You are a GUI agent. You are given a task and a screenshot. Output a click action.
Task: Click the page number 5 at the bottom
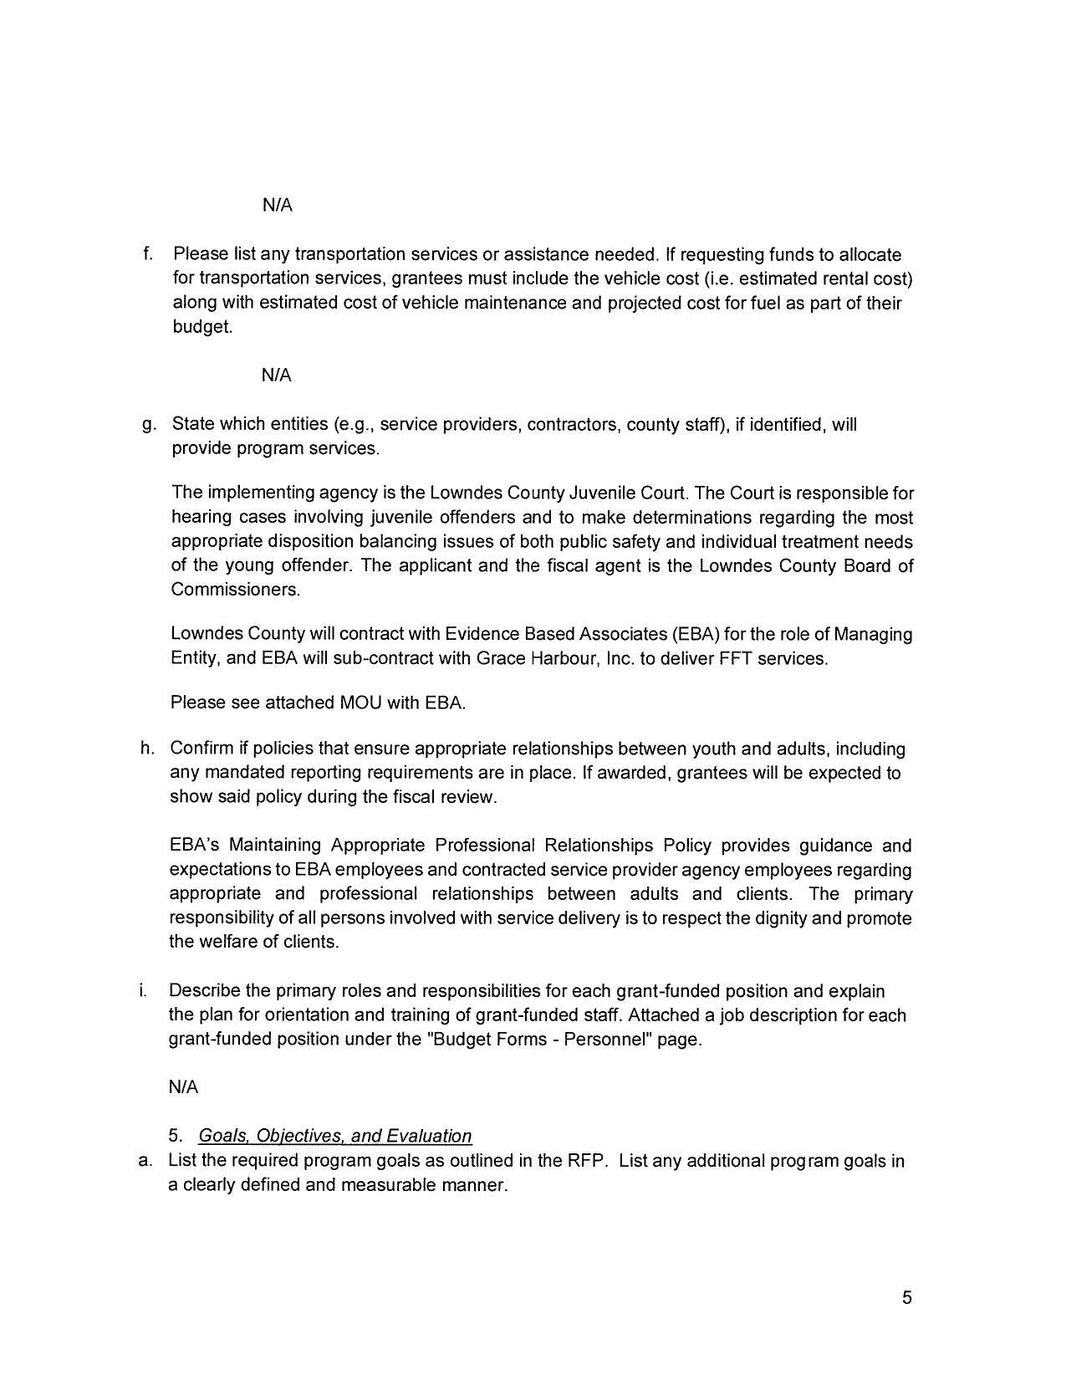[x=907, y=1298]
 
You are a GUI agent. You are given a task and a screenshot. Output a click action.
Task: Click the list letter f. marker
[x=147, y=254]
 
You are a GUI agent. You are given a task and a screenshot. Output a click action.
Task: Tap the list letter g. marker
[x=149, y=425]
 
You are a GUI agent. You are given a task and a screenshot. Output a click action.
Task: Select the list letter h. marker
[x=147, y=748]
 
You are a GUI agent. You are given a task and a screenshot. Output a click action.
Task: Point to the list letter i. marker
[x=144, y=991]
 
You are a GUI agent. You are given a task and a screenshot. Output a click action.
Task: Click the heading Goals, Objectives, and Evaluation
[x=334, y=1136]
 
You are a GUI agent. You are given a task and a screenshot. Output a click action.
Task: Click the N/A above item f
[x=277, y=205]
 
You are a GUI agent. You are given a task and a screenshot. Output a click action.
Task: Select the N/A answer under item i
[x=183, y=1087]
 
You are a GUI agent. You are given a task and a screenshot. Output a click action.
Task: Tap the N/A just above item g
[x=277, y=376]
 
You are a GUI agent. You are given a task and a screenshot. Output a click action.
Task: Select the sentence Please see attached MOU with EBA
[x=318, y=703]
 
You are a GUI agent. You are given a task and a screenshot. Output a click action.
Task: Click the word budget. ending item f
[x=202, y=327]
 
